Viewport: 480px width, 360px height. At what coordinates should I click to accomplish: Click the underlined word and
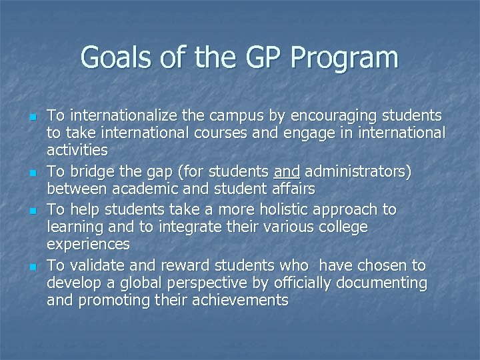[285, 171]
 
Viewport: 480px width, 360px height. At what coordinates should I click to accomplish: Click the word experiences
[88, 245]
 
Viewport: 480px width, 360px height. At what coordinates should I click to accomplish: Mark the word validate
[92, 265]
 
